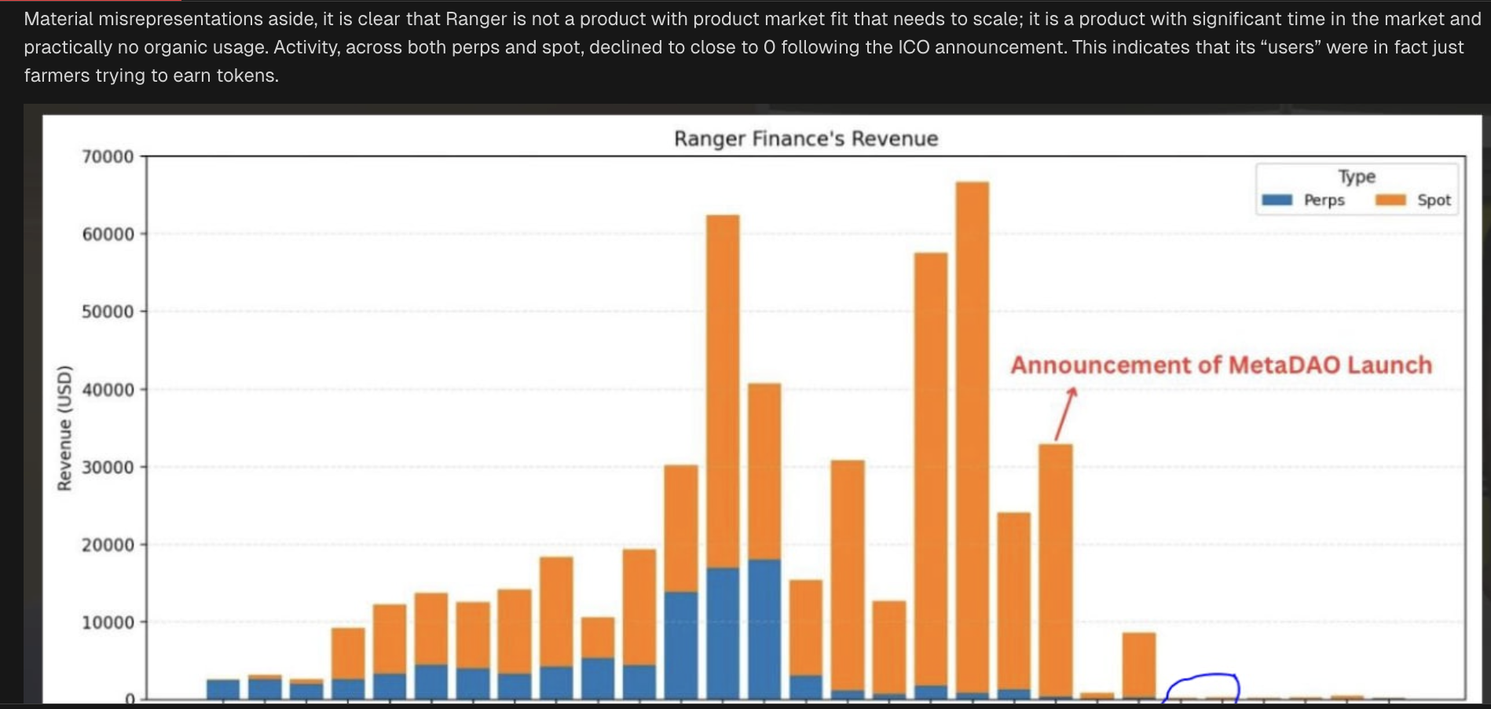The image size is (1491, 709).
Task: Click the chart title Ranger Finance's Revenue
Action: (x=806, y=139)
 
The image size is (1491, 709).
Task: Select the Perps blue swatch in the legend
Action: (x=1277, y=200)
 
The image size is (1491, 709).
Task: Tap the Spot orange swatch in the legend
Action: (x=1390, y=200)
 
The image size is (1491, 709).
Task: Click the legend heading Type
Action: (x=1357, y=177)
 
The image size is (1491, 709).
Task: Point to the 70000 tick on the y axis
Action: (x=108, y=156)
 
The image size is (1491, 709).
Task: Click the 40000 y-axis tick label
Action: (x=108, y=390)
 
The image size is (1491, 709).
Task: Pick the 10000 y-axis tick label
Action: (x=108, y=623)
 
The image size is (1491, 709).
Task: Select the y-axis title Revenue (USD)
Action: (x=64, y=428)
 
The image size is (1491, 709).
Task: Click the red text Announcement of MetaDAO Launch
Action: (x=1221, y=366)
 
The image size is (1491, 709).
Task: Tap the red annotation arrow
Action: (x=1065, y=413)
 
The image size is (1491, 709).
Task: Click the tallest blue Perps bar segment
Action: (x=764, y=629)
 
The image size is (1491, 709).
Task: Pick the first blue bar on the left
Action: (x=223, y=689)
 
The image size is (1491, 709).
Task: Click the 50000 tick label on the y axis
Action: (x=108, y=312)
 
